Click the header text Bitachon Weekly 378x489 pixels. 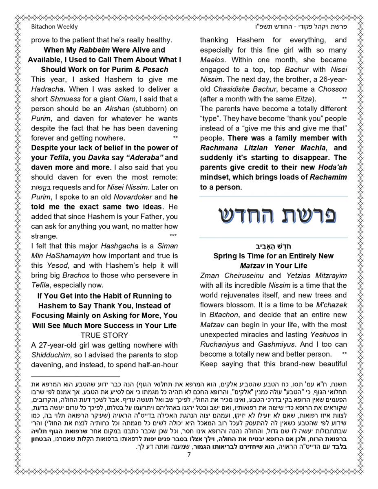coord(54,27)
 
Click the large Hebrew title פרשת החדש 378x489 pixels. coord(273,216)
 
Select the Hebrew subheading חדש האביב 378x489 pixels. coord(273,246)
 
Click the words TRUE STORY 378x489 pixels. coord(104,335)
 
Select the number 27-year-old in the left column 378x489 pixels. coord(59,345)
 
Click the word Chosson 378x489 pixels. coord(332,89)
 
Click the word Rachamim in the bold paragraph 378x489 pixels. coord(328,177)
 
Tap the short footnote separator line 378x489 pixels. coord(75,377)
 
